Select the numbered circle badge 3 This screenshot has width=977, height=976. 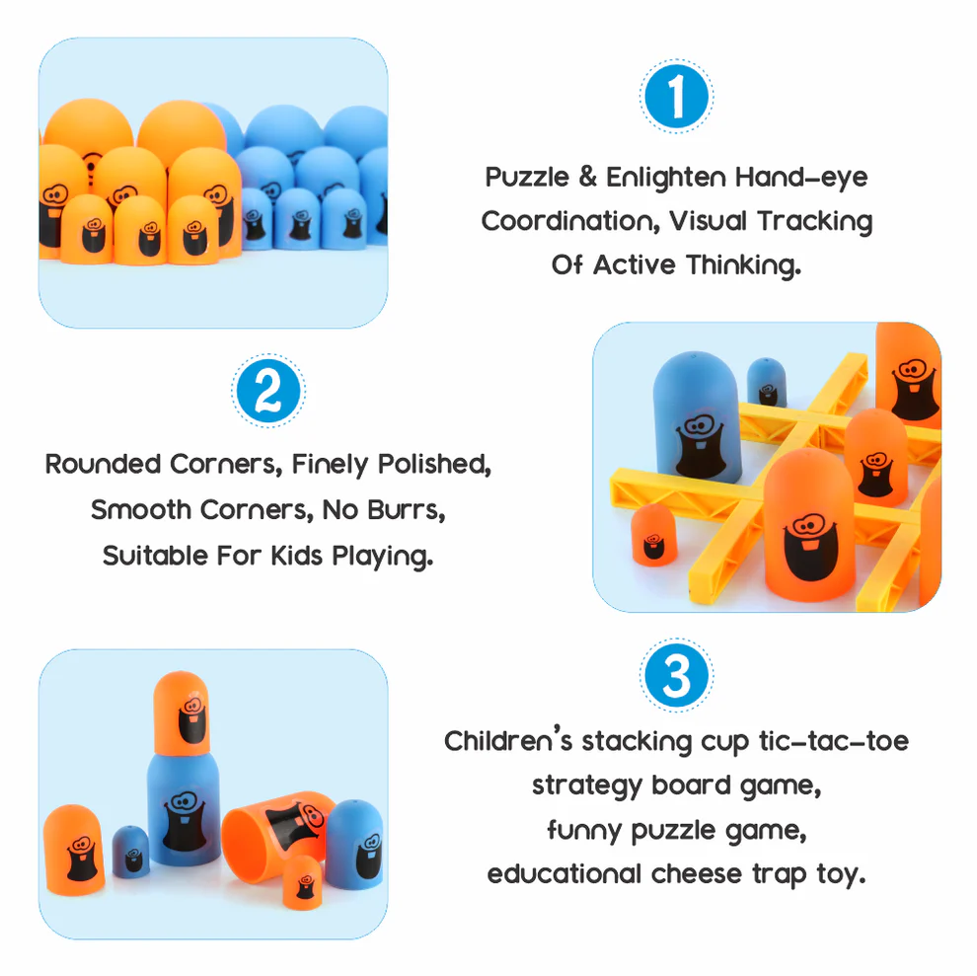pos(676,677)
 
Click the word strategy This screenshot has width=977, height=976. pos(586,787)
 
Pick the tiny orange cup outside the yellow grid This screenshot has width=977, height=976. pos(653,536)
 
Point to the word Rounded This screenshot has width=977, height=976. pos(104,464)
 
